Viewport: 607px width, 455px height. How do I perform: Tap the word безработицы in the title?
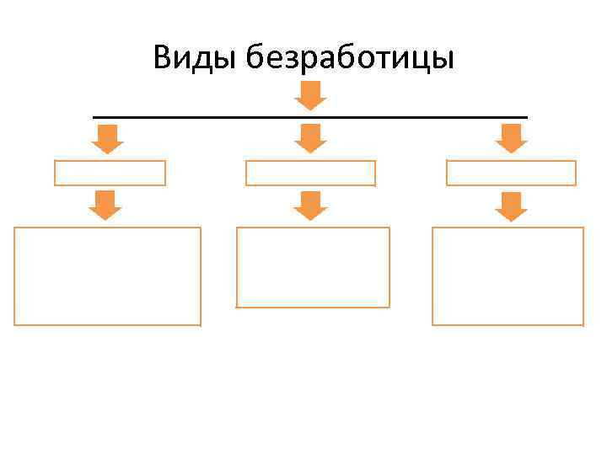351,59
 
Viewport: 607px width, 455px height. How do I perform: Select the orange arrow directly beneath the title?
310,96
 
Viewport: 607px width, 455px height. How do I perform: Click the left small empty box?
110,173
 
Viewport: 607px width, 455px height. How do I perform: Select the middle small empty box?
310,173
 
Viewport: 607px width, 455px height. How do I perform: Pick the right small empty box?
511,173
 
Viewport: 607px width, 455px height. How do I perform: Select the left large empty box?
107,276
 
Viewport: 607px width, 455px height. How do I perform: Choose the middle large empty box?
313,267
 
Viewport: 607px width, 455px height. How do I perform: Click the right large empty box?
508,276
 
